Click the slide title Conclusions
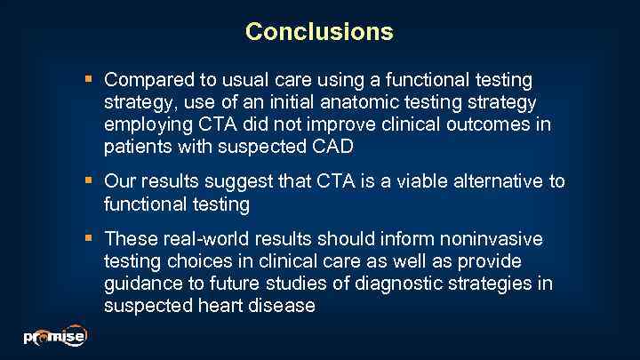[x=319, y=32]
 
